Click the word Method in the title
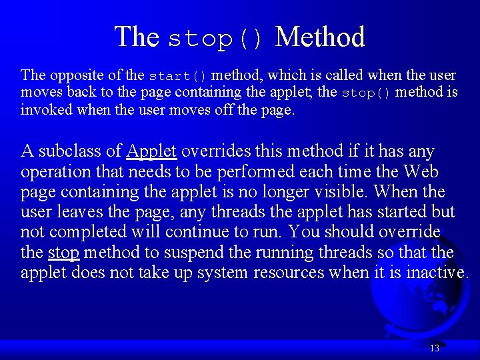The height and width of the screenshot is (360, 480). (x=320, y=37)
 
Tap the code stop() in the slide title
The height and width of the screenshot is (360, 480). (x=217, y=39)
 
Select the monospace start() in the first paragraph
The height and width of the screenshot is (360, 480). (x=178, y=75)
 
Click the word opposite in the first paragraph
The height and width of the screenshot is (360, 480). (x=72, y=75)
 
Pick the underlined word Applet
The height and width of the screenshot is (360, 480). (x=151, y=151)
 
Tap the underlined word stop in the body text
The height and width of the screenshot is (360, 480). (x=64, y=253)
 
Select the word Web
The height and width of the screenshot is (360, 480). (x=421, y=171)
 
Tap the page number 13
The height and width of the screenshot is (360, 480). (x=435, y=348)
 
